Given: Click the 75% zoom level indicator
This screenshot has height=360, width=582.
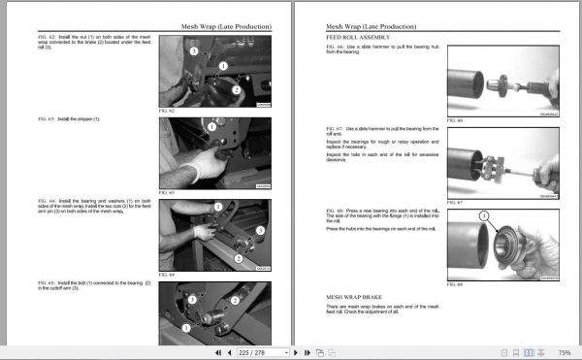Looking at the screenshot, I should pyautogui.click(x=566, y=352).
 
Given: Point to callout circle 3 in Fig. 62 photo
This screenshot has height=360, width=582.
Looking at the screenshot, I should pyautogui.click(x=194, y=49).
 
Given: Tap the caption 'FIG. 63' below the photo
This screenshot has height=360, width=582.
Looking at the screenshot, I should pyautogui.click(x=167, y=192).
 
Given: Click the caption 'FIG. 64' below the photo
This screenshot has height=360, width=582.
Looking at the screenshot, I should pyautogui.click(x=167, y=275).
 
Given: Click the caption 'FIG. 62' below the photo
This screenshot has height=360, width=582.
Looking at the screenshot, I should pyautogui.click(x=167, y=111).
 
